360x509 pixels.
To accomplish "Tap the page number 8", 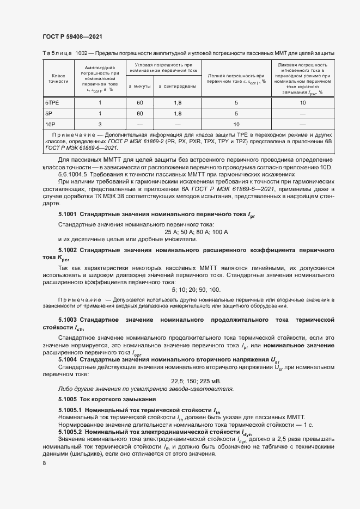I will (x=44, y=463).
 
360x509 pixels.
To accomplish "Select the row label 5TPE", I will (x=52, y=102).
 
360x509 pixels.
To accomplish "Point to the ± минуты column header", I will (x=139, y=86).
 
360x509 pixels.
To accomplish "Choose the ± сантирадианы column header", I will (x=178, y=86).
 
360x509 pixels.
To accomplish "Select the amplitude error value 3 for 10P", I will (x=100, y=124).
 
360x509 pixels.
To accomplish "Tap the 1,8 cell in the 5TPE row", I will (x=178, y=102).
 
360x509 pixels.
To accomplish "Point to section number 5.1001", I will (x=68, y=216).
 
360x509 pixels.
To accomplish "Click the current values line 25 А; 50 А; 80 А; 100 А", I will (x=196, y=232).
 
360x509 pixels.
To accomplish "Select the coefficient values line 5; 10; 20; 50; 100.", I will (x=196, y=290).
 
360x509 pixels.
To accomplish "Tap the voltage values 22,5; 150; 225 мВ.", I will (x=196, y=381).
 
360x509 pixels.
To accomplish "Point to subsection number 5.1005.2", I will (x=70, y=431).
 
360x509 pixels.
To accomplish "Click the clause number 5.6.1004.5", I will (x=77, y=174).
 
